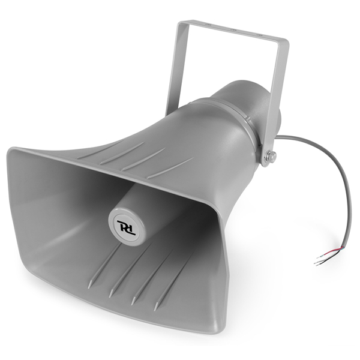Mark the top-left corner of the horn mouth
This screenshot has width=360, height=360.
click(10, 149)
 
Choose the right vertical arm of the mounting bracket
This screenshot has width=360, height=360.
click(277, 90)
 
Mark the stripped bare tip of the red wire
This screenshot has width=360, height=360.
click(319, 258)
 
